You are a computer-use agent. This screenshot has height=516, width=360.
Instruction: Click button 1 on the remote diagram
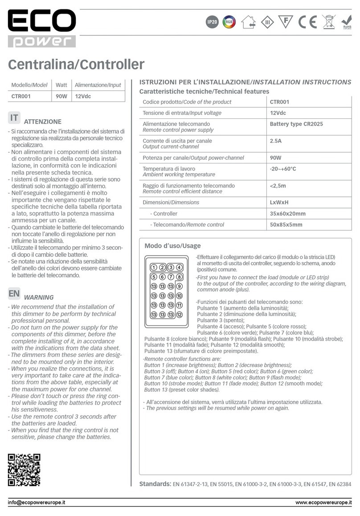click(153, 268)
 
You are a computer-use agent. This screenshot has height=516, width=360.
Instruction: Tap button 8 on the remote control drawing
click(179, 277)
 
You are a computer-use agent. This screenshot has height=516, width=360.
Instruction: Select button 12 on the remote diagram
click(179, 314)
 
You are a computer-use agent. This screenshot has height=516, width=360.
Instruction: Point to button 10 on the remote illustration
click(179, 296)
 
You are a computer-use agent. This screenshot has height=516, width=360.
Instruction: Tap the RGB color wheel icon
click(229, 22)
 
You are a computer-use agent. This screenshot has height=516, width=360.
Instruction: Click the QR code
click(24, 470)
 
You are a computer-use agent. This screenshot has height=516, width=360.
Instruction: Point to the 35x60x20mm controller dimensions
click(288, 214)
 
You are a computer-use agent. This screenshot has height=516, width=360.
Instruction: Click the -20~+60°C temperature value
click(283, 169)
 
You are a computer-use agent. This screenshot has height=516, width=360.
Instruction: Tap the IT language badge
click(14, 118)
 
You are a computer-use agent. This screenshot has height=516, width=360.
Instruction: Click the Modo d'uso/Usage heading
click(172, 246)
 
